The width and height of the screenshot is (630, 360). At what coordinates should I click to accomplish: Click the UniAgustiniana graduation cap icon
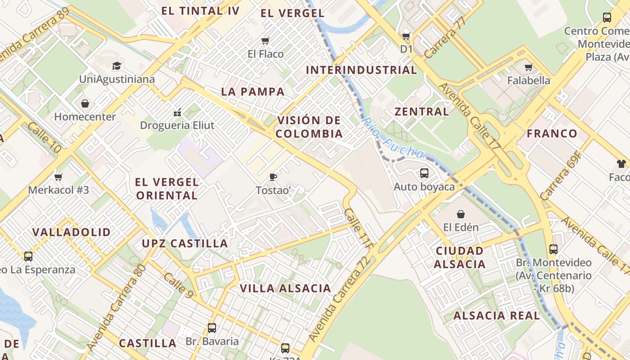click(117, 66)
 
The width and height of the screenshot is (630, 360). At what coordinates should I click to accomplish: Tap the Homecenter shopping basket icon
click(85, 104)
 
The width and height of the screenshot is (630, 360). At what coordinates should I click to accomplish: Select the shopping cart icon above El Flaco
click(265, 41)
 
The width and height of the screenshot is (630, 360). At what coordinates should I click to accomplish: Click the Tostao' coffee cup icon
click(273, 177)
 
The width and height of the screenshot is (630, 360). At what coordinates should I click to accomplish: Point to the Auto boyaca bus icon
click(424, 173)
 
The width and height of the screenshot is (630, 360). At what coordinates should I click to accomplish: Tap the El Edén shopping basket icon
click(460, 214)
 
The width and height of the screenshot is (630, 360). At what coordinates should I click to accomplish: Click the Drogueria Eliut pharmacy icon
click(177, 112)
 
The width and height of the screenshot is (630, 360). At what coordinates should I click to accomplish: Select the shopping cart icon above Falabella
click(528, 67)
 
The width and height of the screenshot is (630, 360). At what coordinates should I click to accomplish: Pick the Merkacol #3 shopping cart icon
click(58, 177)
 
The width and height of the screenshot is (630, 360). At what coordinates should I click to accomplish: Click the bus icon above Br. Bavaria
click(212, 328)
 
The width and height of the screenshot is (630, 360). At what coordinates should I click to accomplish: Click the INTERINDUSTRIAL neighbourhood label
click(361, 70)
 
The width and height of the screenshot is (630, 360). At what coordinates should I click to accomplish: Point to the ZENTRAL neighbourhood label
click(422, 112)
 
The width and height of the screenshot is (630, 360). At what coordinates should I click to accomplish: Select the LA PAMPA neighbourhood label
click(253, 92)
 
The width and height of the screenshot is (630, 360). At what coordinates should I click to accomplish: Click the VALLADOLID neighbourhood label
click(72, 232)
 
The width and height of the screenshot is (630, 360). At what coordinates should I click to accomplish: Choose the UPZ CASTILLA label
click(185, 243)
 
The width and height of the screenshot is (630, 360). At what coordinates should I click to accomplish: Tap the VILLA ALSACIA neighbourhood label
click(285, 288)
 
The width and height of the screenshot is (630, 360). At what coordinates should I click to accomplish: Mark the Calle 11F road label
click(359, 229)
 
